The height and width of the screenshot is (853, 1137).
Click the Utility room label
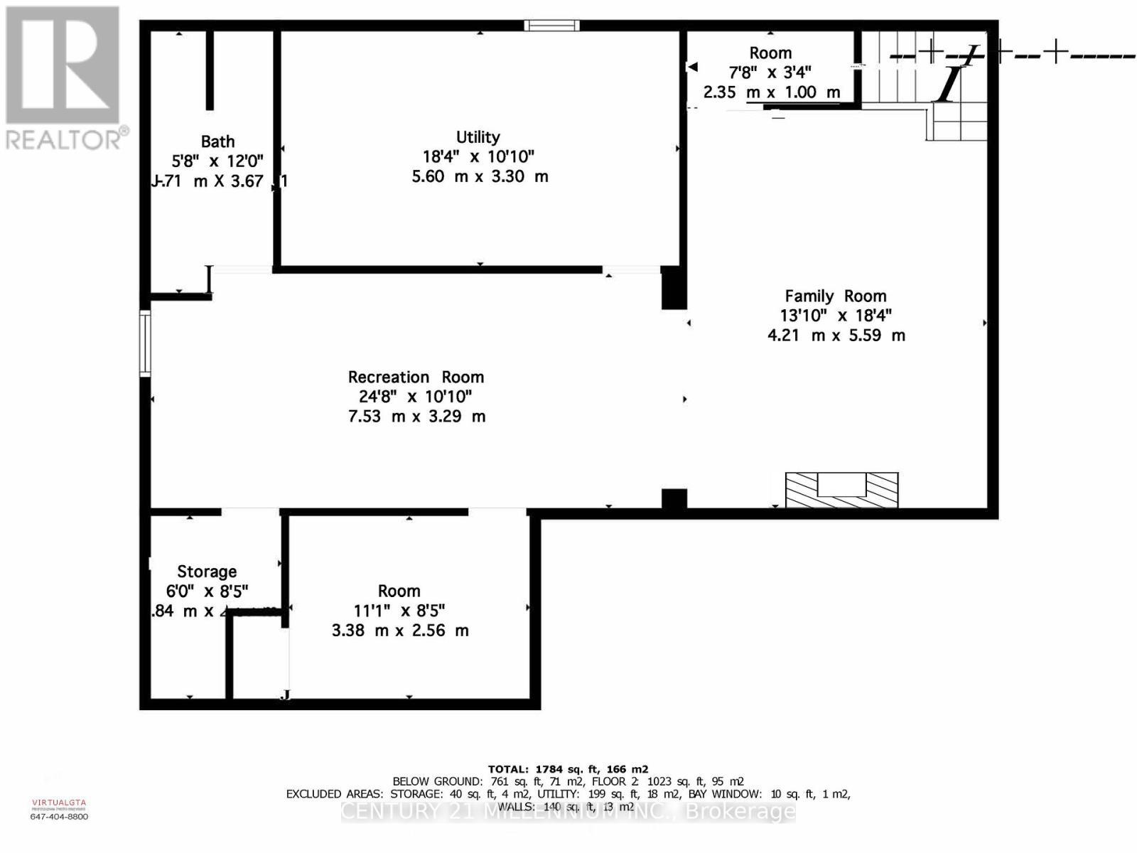tap(478, 137)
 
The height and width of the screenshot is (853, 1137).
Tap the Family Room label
tap(835, 296)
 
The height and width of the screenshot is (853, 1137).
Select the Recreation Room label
tap(416, 377)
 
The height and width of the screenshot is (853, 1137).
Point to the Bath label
tap(217, 142)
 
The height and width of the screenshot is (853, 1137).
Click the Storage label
tap(207, 572)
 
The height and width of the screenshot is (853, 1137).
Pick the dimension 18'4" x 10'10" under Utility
tap(478, 156)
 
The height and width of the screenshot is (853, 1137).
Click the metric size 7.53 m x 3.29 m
tap(416, 417)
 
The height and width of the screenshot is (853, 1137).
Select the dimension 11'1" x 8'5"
tap(399, 611)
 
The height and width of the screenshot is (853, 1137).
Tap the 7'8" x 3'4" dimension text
tap(770, 72)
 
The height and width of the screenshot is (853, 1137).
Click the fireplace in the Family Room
tap(841, 490)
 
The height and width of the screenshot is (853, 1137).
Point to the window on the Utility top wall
tap(551, 26)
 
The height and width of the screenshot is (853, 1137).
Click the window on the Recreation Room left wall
tap(145, 343)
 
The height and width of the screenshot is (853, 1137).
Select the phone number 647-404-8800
tap(59, 817)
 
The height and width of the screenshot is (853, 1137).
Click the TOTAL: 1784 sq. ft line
tap(568, 769)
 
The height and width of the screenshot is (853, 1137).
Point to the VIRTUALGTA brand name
tap(59, 803)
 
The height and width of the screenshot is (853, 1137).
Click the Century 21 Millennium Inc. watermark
tap(568, 811)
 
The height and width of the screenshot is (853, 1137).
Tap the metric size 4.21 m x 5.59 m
tap(836, 336)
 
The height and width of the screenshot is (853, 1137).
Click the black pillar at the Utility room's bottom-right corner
tap(674, 288)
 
